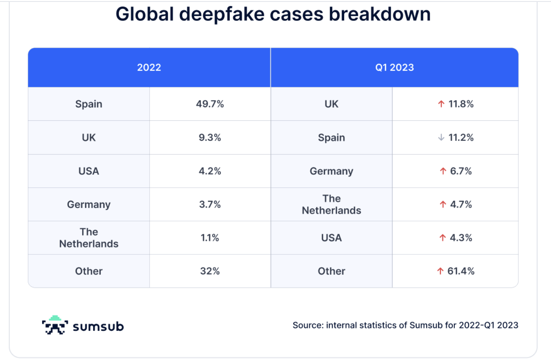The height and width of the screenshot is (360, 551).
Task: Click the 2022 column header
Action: (x=149, y=68)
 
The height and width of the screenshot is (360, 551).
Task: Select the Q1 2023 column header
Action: (x=394, y=68)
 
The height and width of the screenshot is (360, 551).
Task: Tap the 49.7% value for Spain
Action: (x=210, y=104)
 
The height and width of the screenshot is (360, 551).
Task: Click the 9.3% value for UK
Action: (x=210, y=137)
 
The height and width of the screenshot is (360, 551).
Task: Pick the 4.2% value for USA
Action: (x=210, y=171)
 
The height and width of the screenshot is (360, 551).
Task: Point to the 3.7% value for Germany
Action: (x=210, y=204)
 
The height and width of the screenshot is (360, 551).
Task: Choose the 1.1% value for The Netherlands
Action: (x=210, y=238)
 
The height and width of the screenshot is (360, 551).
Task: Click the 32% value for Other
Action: (x=210, y=271)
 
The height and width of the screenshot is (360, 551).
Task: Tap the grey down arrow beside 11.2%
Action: (x=441, y=137)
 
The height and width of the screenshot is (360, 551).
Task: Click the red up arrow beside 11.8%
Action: (x=441, y=104)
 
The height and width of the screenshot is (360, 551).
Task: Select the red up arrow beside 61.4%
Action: (x=440, y=271)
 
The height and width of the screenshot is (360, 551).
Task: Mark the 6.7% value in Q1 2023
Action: (x=461, y=171)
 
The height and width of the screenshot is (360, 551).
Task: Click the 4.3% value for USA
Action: (x=461, y=238)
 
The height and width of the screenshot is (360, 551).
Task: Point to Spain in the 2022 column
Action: (x=89, y=104)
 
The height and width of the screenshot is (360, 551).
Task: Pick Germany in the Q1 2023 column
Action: (x=331, y=171)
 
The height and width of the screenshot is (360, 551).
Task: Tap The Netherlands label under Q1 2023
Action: (x=331, y=204)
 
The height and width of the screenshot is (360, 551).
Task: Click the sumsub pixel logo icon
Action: (x=55, y=325)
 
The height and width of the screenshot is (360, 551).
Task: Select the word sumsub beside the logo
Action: (x=98, y=327)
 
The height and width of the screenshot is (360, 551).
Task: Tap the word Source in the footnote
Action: (x=307, y=325)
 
